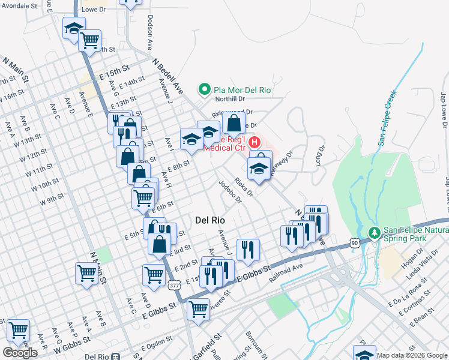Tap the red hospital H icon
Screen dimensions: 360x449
[x=255, y=142]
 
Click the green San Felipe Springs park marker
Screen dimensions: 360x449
[x=373, y=231]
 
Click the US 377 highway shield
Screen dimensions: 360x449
[x=175, y=285]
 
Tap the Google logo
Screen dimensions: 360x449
[x=20, y=353]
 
